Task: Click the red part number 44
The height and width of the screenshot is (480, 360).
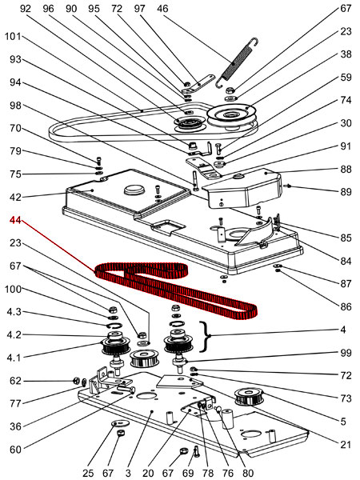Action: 15,220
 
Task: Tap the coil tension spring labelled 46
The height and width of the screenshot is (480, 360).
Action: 236,62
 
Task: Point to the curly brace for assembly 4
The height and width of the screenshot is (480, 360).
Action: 206,336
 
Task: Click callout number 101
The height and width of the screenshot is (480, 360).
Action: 13,37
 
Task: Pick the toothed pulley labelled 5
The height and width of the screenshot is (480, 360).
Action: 249,397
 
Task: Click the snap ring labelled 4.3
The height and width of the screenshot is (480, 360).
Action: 114,326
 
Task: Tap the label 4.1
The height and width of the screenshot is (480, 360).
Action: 14,358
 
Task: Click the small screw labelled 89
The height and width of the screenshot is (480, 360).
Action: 288,186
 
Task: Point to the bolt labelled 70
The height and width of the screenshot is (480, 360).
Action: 98,161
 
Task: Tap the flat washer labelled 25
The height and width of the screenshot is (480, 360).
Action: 120,424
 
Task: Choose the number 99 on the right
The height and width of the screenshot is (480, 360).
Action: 346,353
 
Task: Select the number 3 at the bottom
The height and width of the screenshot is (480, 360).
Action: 128,474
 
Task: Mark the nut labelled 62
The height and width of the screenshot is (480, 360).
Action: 77,381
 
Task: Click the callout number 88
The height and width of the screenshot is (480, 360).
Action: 346,169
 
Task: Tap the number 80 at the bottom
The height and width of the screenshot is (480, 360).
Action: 247,474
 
